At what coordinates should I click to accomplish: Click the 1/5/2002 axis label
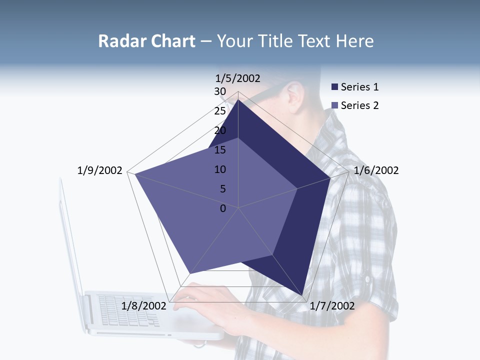pyautogui.click(x=238, y=78)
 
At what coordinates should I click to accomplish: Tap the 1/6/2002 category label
pyautogui.click(x=376, y=170)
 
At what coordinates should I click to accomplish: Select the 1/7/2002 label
pyautogui.click(x=332, y=305)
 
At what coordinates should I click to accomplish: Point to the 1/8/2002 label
pyautogui.click(x=144, y=305)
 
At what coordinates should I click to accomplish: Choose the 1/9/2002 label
pyautogui.click(x=100, y=170)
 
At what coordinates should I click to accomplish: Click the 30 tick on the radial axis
pyautogui.click(x=220, y=91)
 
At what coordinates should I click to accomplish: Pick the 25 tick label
pyautogui.click(x=220, y=111)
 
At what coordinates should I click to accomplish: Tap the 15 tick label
pyautogui.click(x=220, y=150)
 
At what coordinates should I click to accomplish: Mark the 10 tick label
pyautogui.click(x=220, y=169)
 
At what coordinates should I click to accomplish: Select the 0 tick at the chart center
pyautogui.click(x=223, y=208)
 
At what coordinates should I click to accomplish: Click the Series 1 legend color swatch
pyautogui.click(x=335, y=87)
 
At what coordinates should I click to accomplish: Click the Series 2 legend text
pyautogui.click(x=359, y=105)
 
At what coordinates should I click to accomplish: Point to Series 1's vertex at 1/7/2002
pyautogui.click(x=303, y=295)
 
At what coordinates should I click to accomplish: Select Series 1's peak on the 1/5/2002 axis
pyautogui.click(x=238, y=100)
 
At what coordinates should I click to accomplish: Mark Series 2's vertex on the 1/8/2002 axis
pyautogui.click(x=190, y=273)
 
